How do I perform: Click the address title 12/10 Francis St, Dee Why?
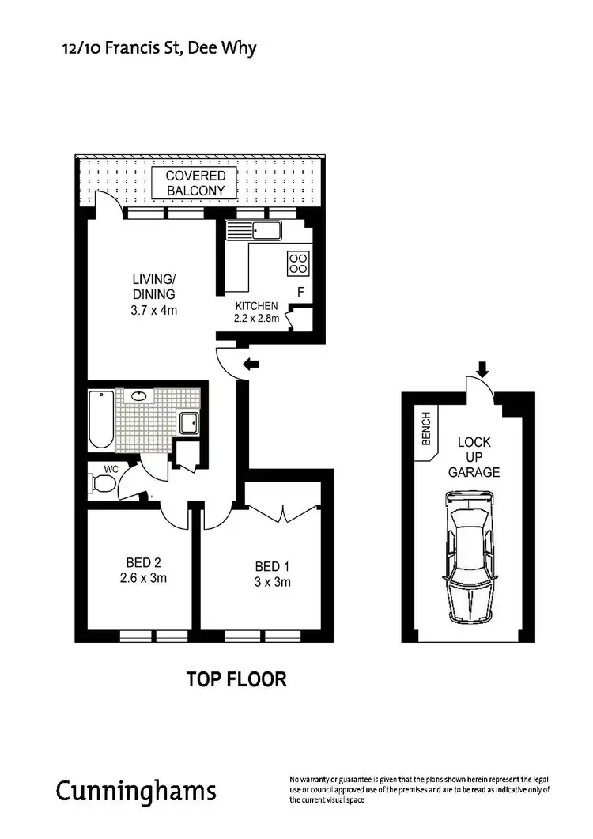[x=159, y=48]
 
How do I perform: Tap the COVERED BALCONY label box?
[x=195, y=183]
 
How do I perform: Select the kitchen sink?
[x=252, y=230]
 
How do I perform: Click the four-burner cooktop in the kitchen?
[x=299, y=262]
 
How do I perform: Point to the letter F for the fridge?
[x=300, y=292]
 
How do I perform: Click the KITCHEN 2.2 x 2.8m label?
[x=256, y=312]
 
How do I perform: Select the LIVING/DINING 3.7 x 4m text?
[x=153, y=294]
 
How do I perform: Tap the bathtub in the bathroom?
[x=101, y=418]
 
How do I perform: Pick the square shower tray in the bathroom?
[x=191, y=423]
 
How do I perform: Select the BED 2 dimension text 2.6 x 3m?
[x=143, y=577]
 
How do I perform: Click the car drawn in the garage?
[x=470, y=558]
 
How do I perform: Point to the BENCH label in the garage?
[x=426, y=429]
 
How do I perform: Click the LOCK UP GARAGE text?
[x=474, y=457]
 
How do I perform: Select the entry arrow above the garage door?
[x=482, y=368]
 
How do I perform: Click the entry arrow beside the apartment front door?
[x=252, y=365]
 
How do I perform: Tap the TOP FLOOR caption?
[x=236, y=678]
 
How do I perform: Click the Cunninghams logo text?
[x=135, y=791]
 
